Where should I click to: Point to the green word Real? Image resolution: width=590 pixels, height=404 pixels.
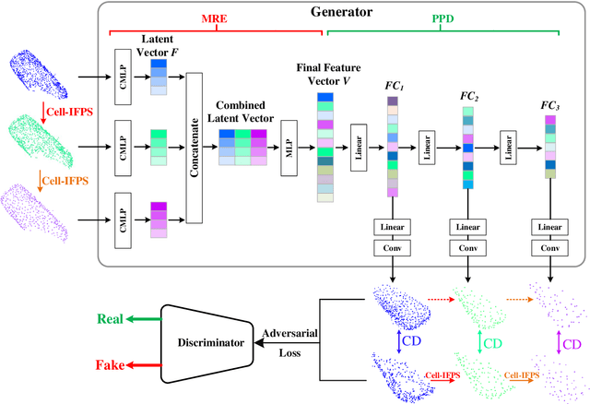coord(112,318)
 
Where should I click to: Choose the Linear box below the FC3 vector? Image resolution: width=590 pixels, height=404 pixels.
coord(550,227)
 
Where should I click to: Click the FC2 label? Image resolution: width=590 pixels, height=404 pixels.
coord(468,97)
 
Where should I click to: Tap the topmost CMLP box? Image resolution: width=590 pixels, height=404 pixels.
coord(123,70)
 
